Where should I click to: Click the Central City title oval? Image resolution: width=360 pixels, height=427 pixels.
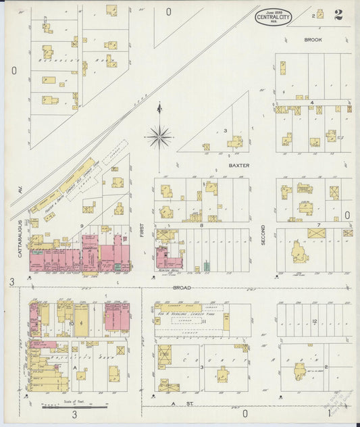tap(273, 16)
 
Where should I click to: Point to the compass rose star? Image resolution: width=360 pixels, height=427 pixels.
tap(159, 137)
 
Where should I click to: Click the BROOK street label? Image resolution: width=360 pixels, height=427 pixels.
tap(313, 41)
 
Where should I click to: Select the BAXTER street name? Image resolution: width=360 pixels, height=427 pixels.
tap(238, 165)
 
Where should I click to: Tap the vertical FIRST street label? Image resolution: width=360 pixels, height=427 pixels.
tap(142, 232)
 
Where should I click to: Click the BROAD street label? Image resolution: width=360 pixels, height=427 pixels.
tap(181, 288)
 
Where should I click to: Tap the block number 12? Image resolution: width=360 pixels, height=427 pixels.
tap(314, 321)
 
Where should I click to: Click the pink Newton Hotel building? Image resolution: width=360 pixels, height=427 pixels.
tap(168, 257)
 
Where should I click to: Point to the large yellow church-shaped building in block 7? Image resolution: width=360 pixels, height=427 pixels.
tap(301, 253)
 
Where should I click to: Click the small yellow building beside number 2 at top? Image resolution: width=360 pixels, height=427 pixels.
tap(319, 14)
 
